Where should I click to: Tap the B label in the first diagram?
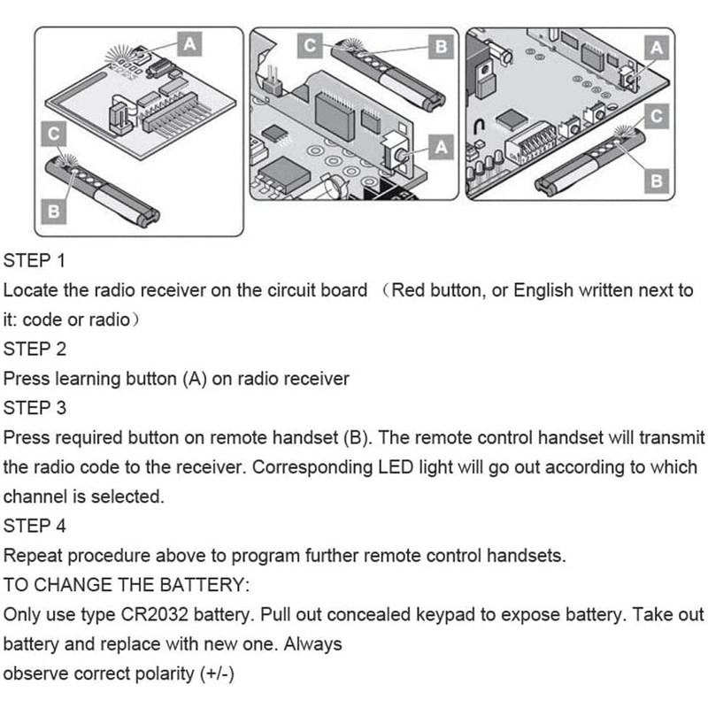click(52, 212)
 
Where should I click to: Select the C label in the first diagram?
click(52, 133)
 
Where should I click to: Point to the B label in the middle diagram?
click(440, 46)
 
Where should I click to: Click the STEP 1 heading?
click(35, 261)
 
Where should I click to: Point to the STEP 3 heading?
click(35, 408)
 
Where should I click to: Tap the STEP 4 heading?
click(35, 526)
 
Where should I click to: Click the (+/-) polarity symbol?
click(217, 673)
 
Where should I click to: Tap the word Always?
click(313, 643)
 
